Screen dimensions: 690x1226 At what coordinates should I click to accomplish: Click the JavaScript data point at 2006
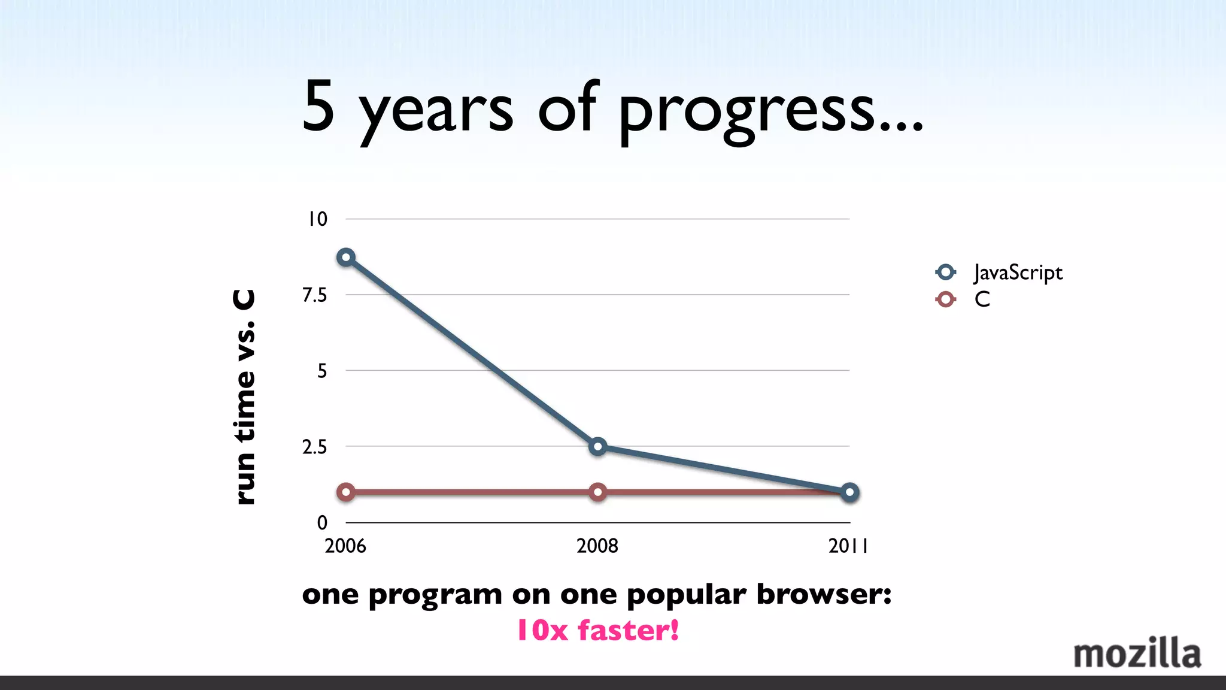[x=345, y=258]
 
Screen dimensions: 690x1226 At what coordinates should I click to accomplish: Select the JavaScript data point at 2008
[x=597, y=446]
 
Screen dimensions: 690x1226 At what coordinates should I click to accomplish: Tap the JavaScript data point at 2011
[x=849, y=492]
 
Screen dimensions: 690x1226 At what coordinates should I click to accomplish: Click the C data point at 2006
[x=345, y=492]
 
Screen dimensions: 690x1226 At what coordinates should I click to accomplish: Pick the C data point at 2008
[x=597, y=492]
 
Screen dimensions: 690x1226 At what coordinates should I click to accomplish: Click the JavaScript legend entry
[x=1017, y=273]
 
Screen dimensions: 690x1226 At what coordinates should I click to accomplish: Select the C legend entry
[x=982, y=299]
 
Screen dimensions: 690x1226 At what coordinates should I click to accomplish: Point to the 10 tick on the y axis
[x=317, y=219]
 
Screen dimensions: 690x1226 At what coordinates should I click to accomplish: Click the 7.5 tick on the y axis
[x=315, y=295]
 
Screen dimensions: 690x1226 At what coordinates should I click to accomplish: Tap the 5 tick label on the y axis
[x=322, y=371]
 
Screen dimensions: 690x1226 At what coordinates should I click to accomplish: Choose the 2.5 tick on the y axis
[x=315, y=447]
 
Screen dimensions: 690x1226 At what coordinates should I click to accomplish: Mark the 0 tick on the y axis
[x=322, y=522]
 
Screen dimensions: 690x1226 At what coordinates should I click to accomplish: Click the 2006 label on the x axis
[x=345, y=546]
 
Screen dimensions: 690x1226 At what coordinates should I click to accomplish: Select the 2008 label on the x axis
[x=597, y=546]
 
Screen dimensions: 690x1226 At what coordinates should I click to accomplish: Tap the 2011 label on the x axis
[x=848, y=546]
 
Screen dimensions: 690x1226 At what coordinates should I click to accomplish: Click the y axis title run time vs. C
[x=244, y=397]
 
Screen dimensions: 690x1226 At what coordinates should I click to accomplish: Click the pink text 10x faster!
[x=597, y=630]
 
